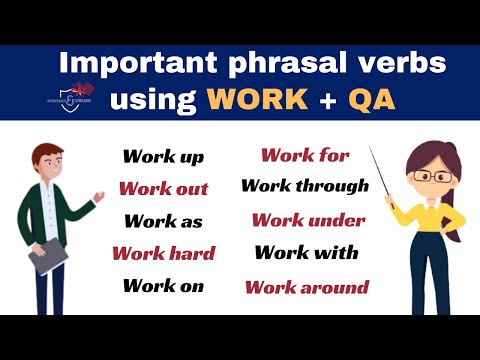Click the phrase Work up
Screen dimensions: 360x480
163,156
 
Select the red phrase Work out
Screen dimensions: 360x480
163,188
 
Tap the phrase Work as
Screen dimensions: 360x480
163,221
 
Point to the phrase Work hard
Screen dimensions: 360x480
163,253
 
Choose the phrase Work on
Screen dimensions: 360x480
163,286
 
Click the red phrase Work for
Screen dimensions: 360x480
305,155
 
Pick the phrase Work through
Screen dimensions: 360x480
305,186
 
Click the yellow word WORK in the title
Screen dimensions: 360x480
254,100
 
